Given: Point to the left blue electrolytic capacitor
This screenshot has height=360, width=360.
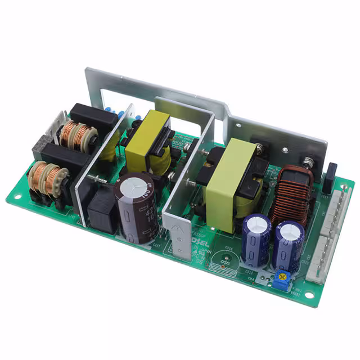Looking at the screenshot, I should point(256,240).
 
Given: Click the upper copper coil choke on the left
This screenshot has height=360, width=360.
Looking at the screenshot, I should point(78,136).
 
